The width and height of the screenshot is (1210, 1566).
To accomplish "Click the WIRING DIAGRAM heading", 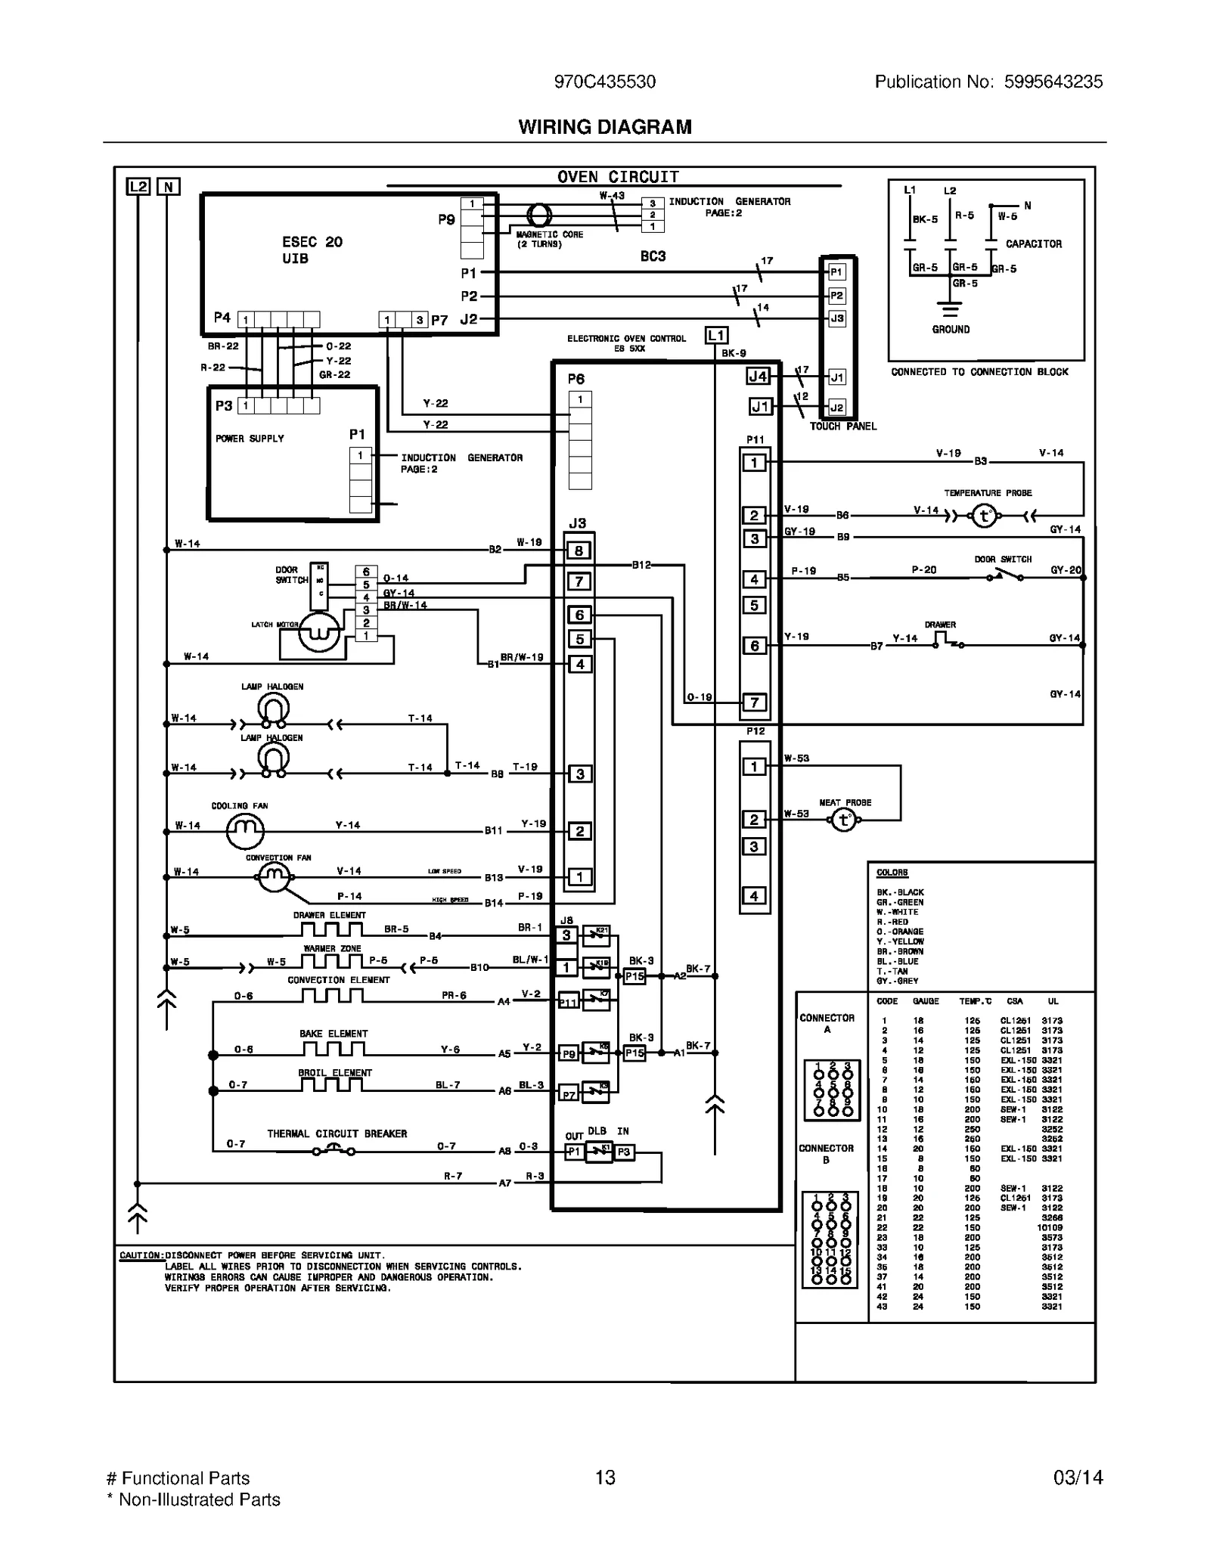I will (x=604, y=127).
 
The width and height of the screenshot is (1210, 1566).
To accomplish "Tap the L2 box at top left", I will (x=138, y=186).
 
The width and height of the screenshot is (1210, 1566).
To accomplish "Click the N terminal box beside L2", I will (x=168, y=186).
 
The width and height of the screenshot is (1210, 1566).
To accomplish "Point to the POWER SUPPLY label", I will (x=250, y=439).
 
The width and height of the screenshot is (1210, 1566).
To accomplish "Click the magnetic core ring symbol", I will (x=538, y=216).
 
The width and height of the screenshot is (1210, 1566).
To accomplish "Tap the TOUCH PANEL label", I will (x=842, y=426).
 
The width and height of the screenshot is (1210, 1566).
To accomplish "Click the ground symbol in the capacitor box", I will (x=950, y=309).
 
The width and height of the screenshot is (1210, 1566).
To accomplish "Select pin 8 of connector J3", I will (x=579, y=550).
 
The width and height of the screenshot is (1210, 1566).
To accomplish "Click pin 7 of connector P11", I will (x=754, y=702).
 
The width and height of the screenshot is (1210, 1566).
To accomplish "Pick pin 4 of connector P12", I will (x=754, y=896).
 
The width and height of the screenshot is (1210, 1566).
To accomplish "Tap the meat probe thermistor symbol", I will (x=844, y=820).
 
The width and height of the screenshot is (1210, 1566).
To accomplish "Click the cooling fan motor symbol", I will (x=245, y=831).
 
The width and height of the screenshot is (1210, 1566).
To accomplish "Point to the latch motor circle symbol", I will (x=318, y=632).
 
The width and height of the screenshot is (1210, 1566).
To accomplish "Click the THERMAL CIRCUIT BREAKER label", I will (x=337, y=1133).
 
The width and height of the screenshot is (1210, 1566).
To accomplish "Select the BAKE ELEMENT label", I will (x=333, y=1034).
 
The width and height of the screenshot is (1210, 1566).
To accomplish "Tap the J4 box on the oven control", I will (x=757, y=376).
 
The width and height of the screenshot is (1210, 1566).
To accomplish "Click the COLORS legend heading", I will (x=892, y=873).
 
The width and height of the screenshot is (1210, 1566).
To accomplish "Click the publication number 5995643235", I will (x=1053, y=82).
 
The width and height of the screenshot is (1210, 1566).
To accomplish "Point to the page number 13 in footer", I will (x=604, y=1478).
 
